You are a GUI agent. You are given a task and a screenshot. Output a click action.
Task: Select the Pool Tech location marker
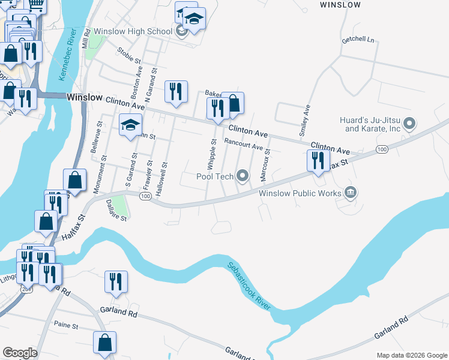243,176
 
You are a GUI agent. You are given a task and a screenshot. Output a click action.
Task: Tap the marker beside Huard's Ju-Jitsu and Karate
410,124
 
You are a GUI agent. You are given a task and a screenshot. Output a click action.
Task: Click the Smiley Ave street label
306,121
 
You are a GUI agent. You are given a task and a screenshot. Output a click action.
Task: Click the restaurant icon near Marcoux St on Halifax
318,161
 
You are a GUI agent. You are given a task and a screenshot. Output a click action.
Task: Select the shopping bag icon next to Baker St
233,103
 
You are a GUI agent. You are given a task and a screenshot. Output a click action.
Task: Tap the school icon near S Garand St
130,125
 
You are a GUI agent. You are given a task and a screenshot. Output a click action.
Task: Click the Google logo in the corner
19,353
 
